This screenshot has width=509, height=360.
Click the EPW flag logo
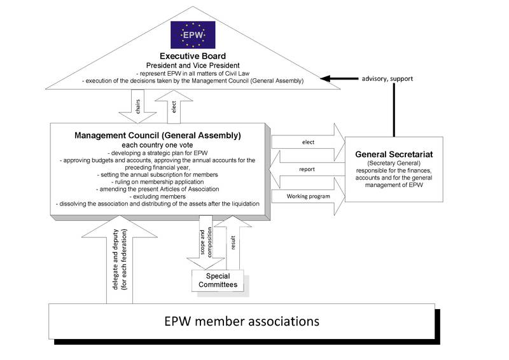pos(193,35)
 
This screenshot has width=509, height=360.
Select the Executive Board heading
pos(193,56)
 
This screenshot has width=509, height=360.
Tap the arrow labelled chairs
pos(137,106)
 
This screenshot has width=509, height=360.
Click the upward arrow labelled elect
pos(174,107)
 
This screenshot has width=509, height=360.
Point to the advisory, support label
pos(387,79)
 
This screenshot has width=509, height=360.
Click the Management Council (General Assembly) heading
pos(158,135)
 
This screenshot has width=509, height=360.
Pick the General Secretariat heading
pos(394,154)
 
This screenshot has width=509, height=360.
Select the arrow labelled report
pos(307,169)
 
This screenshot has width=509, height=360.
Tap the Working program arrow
pos(308,197)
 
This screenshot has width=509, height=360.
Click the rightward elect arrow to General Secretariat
pos(308,142)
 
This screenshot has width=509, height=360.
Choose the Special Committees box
pos(218,280)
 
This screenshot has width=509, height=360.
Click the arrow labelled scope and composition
pos(206,242)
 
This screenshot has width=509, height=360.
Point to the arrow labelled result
pos(233,243)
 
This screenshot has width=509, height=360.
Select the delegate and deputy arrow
pos(120,260)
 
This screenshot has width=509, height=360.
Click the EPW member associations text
pos(242,321)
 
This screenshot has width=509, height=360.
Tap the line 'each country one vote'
pos(157,145)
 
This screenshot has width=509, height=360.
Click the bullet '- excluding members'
pos(157,197)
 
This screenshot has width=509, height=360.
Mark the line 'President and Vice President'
pos(193,66)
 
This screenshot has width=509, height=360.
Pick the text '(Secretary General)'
pos(394,163)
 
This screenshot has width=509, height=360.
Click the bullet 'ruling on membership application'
pos(157,182)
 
